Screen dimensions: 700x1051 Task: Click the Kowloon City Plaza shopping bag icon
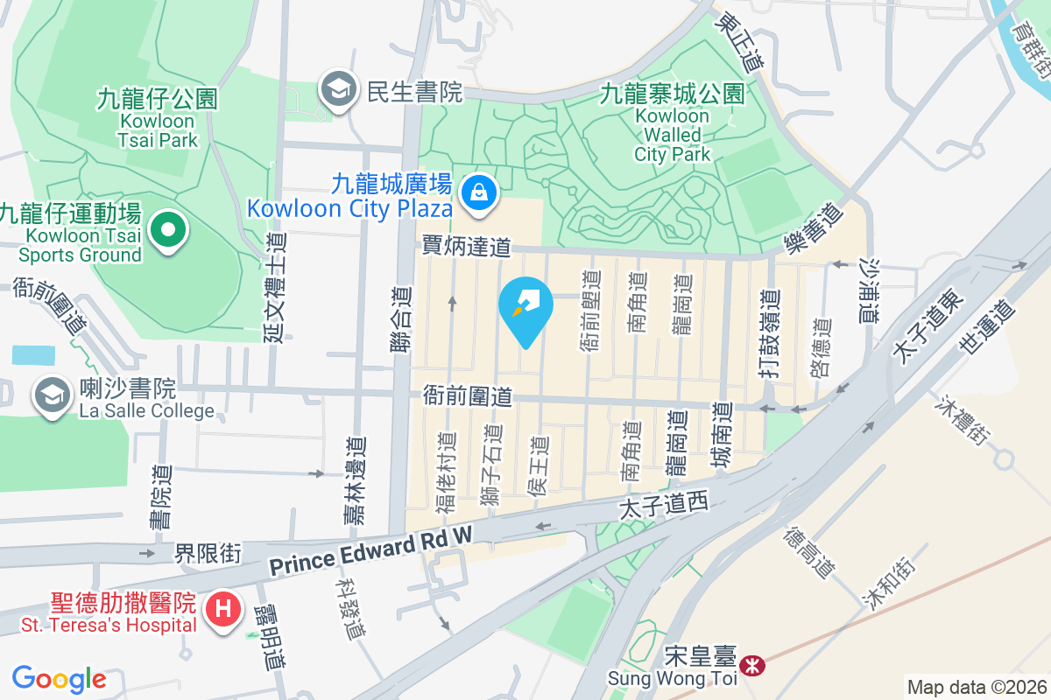tap(479, 190)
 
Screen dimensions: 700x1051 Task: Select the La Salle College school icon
tap(53, 395)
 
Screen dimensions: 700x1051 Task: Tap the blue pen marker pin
tap(525, 308)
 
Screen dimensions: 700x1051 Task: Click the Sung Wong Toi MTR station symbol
tap(751, 666)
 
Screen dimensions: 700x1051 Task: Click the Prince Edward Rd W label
tap(370, 550)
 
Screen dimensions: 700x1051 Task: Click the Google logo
tap(59, 679)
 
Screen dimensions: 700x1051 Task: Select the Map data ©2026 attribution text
tap(977, 687)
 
